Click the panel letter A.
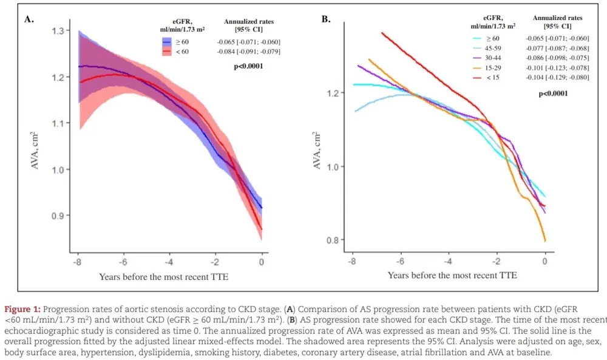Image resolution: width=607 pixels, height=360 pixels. tap(29, 19)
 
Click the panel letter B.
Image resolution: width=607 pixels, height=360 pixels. tap(326, 19)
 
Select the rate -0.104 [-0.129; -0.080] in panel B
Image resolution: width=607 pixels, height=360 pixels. tap(557, 77)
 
